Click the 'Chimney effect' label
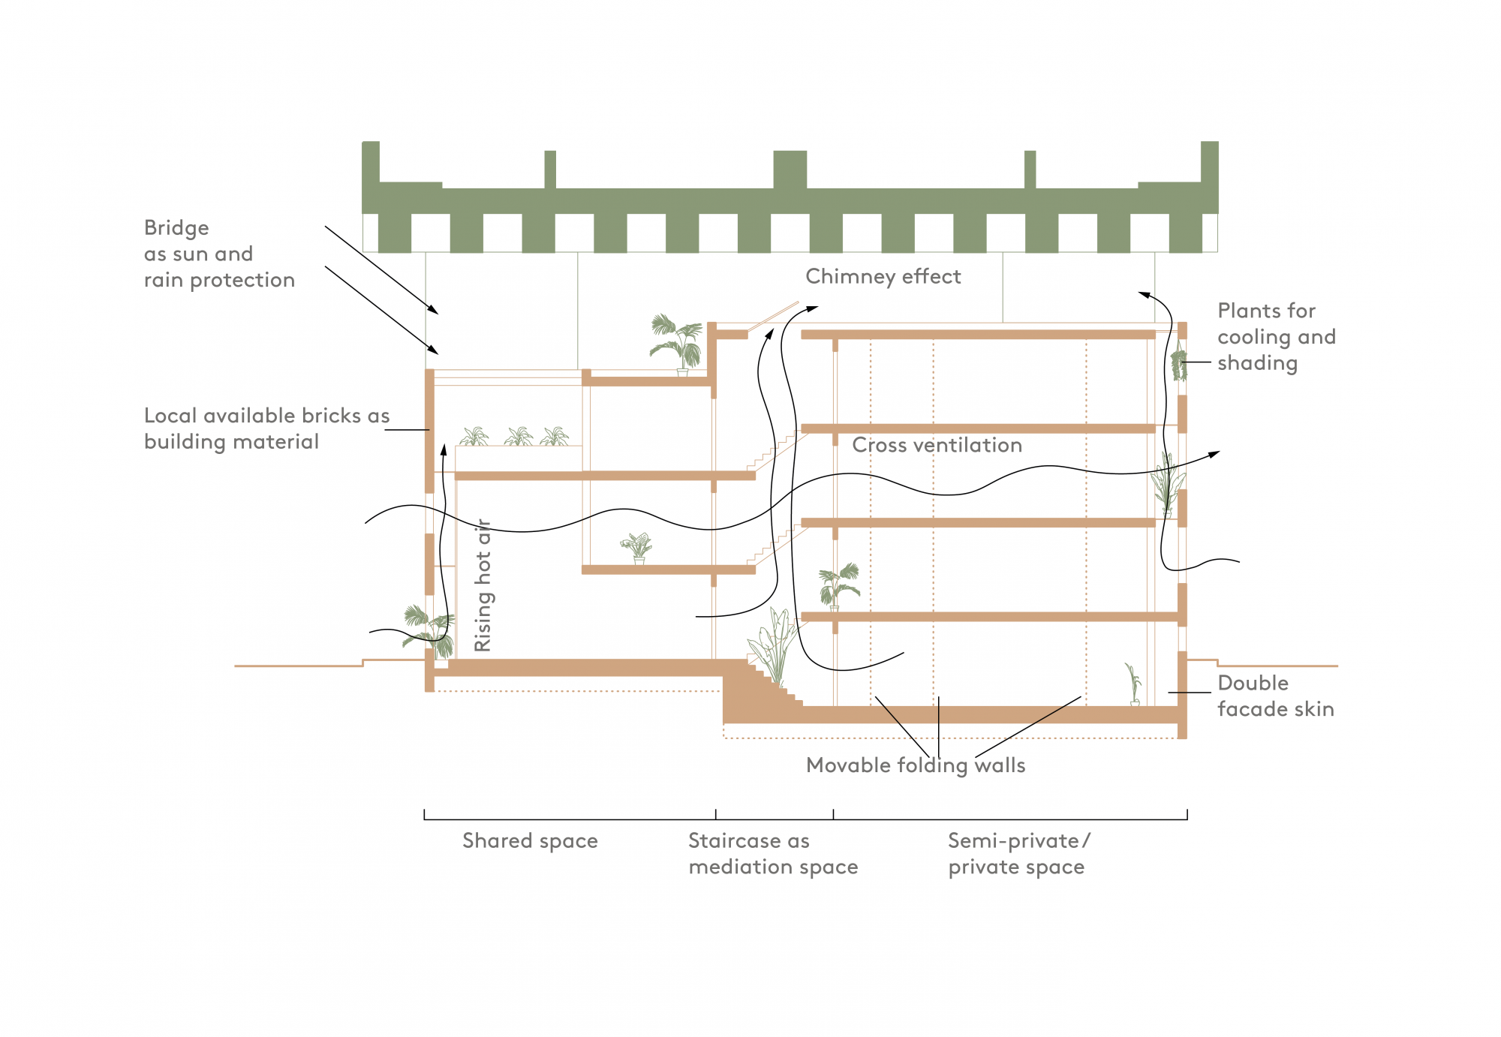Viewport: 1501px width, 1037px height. pyautogui.click(x=883, y=277)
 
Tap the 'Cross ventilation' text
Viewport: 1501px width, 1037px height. pyautogui.click(x=937, y=445)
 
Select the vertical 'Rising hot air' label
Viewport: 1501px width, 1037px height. pyautogui.click(x=483, y=585)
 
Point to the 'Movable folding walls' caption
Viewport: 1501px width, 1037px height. pyautogui.click(x=915, y=765)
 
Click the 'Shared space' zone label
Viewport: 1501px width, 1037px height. pyautogui.click(x=530, y=840)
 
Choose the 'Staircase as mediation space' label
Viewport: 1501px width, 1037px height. pyautogui.click(x=772, y=854)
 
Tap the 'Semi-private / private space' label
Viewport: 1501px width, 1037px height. pyautogui.click(x=1018, y=854)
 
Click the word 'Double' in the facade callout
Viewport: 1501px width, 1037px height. pyautogui.click(x=1253, y=683)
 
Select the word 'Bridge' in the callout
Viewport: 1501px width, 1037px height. pyautogui.click(x=176, y=228)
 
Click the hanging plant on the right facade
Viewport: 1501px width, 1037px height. pyautogui.click(x=1179, y=364)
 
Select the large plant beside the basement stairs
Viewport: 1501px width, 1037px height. pyautogui.click(x=772, y=645)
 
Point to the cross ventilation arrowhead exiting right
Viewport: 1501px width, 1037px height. pyautogui.click(x=1215, y=453)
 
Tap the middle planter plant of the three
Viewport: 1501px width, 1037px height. pyautogui.click(x=519, y=436)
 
